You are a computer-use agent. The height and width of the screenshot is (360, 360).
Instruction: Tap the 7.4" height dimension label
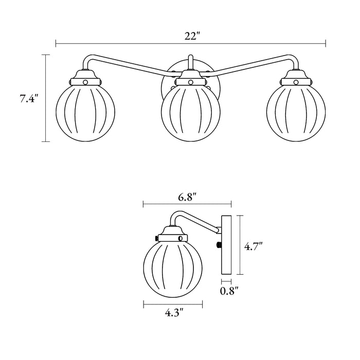29,99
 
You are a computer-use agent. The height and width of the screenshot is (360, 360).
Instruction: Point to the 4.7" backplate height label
254,247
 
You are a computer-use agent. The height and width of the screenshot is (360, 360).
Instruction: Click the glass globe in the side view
172,268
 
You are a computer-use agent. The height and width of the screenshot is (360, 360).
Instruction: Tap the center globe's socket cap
190,78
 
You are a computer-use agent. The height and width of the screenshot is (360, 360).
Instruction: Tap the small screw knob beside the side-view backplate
219,245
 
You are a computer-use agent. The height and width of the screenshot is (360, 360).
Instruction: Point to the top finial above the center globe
190,62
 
